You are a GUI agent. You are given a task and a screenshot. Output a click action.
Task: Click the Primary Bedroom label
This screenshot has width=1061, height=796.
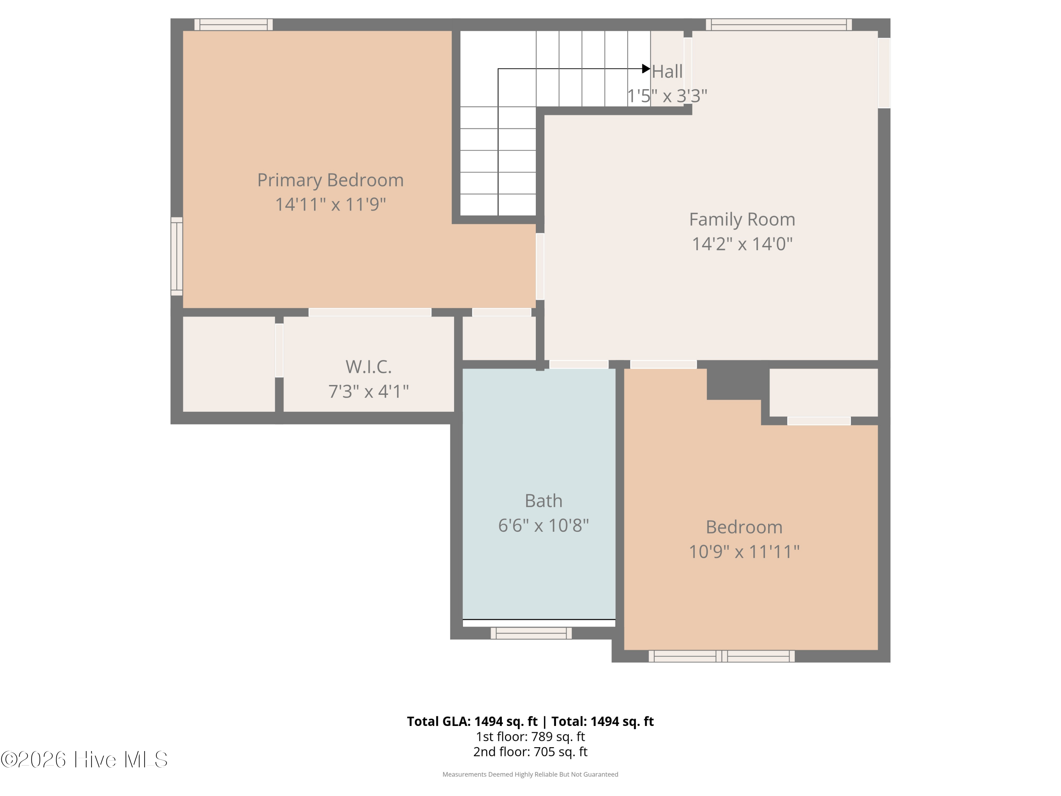[x=330, y=180]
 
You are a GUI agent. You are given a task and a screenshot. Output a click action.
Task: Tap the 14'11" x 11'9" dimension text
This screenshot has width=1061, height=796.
[x=330, y=204]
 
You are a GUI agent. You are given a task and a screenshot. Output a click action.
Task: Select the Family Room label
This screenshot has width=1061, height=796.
[x=742, y=220]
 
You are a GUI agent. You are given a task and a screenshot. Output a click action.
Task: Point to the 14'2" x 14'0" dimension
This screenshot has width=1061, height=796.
[x=742, y=244]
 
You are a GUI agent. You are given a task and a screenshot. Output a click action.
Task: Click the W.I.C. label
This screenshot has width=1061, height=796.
[x=369, y=367]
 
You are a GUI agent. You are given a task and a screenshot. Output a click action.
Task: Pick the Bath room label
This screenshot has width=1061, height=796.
[x=544, y=501]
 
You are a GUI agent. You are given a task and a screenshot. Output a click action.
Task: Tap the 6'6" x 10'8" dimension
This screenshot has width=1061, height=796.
[x=544, y=525]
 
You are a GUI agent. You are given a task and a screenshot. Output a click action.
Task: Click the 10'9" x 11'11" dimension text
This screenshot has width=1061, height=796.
[x=744, y=552]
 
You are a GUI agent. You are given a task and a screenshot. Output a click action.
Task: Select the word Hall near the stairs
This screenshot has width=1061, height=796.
[x=667, y=72]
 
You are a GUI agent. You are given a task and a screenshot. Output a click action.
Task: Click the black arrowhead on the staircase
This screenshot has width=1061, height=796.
[x=646, y=69]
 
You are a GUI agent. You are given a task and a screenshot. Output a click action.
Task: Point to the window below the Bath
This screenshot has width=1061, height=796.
[x=531, y=633]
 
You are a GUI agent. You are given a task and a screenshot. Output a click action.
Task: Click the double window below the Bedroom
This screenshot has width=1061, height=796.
[x=721, y=656]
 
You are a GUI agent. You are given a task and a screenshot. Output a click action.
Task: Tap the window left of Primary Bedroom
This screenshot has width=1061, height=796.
[x=177, y=256]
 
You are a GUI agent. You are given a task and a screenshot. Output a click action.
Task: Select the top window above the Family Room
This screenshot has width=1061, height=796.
[x=778, y=24]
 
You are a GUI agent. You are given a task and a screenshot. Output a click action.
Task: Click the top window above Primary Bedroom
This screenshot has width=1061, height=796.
[x=233, y=24]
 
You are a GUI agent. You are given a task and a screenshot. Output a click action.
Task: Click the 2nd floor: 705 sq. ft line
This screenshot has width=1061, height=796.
[x=530, y=752]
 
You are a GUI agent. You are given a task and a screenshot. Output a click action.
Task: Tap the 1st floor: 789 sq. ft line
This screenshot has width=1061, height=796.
[x=530, y=737]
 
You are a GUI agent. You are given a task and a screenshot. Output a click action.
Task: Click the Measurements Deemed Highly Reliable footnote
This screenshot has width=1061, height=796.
[x=530, y=774]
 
